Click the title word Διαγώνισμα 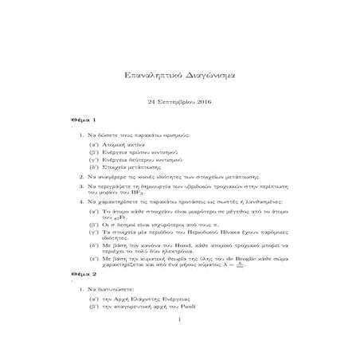(x=209, y=75)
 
